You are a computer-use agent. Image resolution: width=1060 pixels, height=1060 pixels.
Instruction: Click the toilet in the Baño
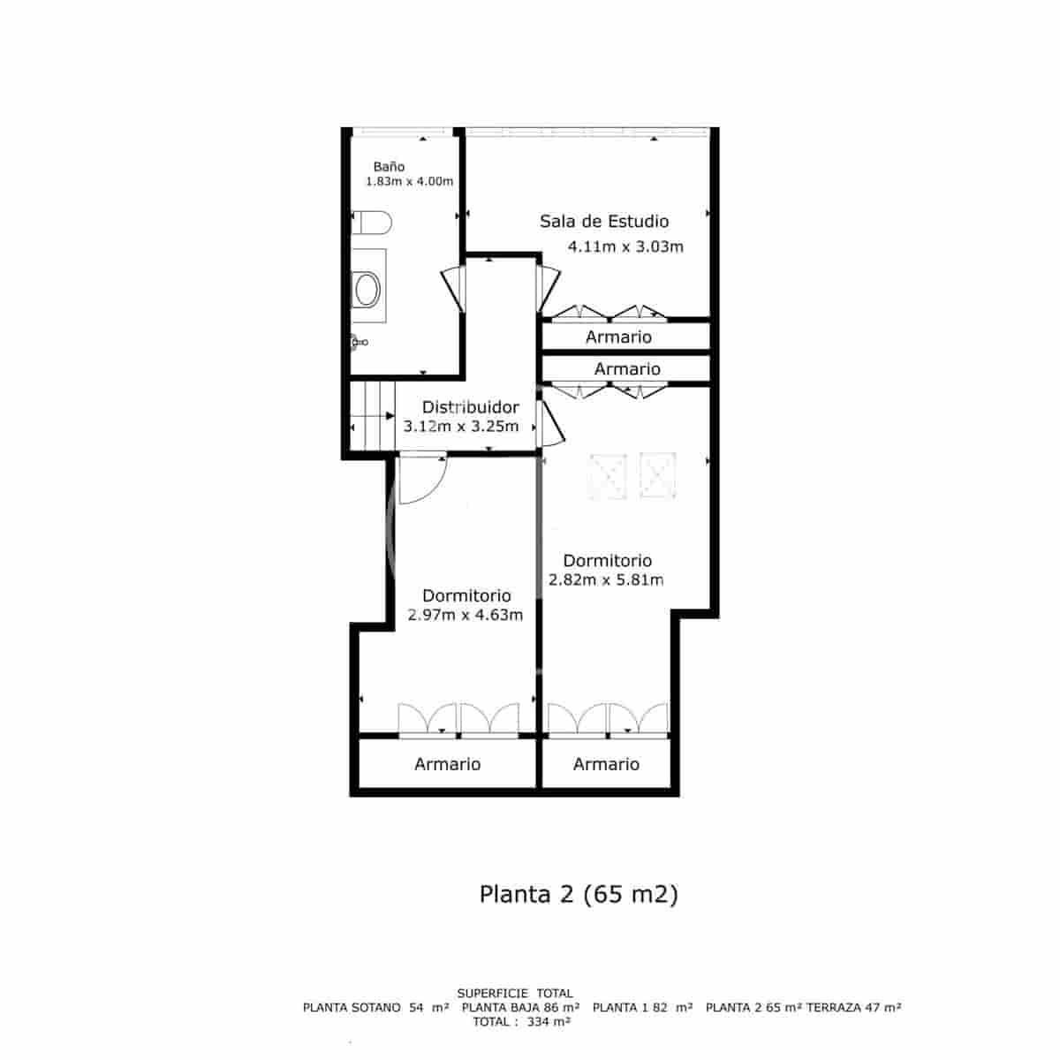pyautogui.click(x=371, y=223)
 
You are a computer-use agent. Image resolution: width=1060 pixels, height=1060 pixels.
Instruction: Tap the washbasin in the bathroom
pyautogui.click(x=367, y=288)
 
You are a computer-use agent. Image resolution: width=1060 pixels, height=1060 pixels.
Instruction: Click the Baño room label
pyautogui.click(x=389, y=166)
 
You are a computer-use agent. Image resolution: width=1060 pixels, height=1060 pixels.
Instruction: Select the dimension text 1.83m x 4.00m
pyautogui.click(x=409, y=182)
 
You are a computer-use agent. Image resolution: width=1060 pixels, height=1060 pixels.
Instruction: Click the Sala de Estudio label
pyautogui.click(x=604, y=221)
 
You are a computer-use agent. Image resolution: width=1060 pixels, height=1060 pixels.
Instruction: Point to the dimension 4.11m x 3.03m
pyautogui.click(x=625, y=246)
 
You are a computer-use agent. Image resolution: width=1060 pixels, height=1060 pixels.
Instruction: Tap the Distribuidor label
pyautogui.click(x=470, y=407)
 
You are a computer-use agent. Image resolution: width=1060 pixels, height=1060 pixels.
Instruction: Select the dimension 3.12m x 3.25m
pyautogui.click(x=461, y=426)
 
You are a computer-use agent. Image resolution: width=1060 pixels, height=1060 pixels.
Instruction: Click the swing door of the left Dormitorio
pyautogui.click(x=420, y=481)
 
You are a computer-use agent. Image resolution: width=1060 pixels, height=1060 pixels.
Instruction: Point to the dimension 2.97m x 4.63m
pyautogui.click(x=466, y=615)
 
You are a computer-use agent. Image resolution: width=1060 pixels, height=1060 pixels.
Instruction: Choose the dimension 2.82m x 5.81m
pyautogui.click(x=606, y=580)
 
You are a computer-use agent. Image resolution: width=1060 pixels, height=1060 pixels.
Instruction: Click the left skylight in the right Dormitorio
pyautogui.click(x=608, y=476)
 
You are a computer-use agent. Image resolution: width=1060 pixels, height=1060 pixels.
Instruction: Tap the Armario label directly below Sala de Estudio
pyautogui.click(x=618, y=337)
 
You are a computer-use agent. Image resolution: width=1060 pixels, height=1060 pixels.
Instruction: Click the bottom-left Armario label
pyautogui.click(x=447, y=764)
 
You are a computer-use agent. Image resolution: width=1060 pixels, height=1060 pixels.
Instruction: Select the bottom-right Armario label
pyautogui.click(x=606, y=764)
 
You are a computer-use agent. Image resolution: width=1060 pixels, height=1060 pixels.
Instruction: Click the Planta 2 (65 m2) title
pyautogui.click(x=579, y=894)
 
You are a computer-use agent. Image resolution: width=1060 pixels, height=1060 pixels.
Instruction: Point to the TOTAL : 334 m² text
pyautogui.click(x=521, y=1021)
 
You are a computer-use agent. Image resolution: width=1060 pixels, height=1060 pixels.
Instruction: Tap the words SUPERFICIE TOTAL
pyautogui.click(x=515, y=993)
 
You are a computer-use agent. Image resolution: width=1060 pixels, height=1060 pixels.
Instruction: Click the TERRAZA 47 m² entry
pyautogui.click(x=854, y=1007)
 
